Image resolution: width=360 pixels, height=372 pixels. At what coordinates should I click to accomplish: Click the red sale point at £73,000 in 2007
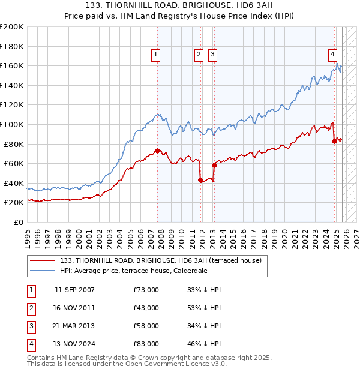point(157,151)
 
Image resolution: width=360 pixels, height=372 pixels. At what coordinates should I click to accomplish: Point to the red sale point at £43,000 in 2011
point(200,180)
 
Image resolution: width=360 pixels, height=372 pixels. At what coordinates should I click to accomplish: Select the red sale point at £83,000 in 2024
point(334,141)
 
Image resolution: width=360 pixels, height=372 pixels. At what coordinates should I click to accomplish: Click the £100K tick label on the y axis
point(12,124)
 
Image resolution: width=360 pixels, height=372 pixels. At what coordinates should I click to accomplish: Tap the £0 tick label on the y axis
point(18,222)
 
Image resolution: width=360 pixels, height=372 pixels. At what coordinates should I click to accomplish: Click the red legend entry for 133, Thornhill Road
point(160,260)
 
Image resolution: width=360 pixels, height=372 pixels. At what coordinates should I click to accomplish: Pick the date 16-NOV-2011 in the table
point(74,308)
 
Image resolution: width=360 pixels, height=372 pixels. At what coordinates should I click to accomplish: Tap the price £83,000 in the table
point(146,344)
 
